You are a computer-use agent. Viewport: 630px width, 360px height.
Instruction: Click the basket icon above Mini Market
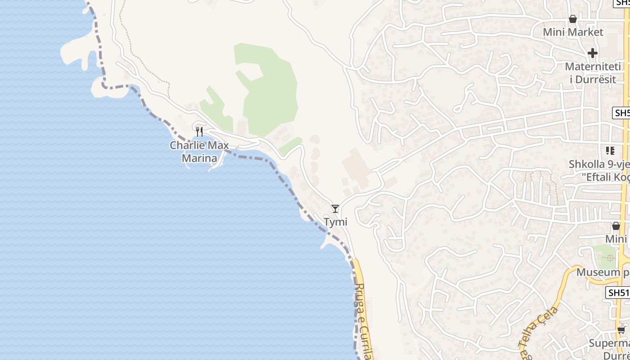point(573,19)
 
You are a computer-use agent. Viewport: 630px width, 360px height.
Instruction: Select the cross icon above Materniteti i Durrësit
point(593,53)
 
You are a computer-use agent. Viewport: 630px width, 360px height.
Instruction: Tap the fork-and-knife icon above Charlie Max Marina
point(199,132)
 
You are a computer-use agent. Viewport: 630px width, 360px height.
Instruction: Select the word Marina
point(199,158)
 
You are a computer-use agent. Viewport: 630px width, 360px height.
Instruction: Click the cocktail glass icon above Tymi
point(335,208)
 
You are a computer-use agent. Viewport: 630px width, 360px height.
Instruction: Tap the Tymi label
point(336,222)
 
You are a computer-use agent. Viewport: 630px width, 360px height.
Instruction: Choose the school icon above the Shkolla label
point(610,151)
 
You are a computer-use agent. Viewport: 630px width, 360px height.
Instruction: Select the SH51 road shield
point(618,292)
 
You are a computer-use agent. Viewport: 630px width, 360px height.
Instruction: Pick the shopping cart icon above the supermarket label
point(621,330)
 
